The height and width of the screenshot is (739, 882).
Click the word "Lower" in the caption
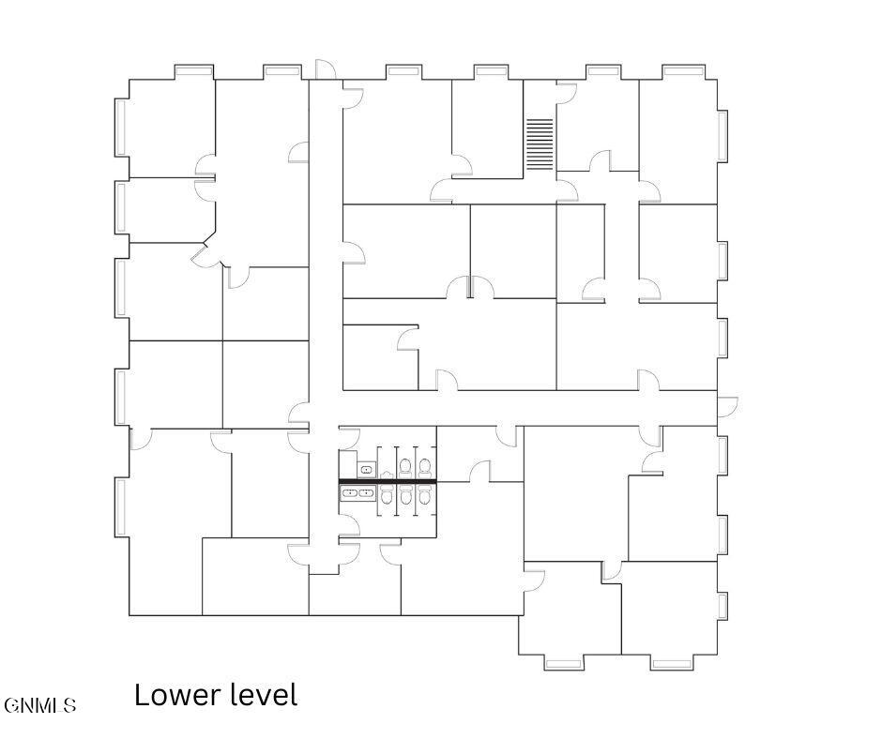pyautogui.click(x=174, y=696)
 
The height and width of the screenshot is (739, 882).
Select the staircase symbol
pyautogui.click(x=540, y=144)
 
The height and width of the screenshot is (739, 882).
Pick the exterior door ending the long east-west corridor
pyautogui.click(x=727, y=406)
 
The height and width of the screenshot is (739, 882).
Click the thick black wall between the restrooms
pyautogui.click(x=388, y=481)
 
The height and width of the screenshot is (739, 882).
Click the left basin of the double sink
pyautogui.click(x=350, y=492)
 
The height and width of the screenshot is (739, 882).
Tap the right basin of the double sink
pyautogui.click(x=367, y=492)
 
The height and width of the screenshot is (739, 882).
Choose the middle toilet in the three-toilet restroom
pyautogui.click(x=405, y=494)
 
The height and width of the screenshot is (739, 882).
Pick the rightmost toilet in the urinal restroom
pyautogui.click(x=425, y=466)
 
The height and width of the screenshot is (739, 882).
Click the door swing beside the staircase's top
pyautogui.click(x=566, y=93)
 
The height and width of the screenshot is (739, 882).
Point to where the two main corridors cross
pyautogui.click(x=324, y=409)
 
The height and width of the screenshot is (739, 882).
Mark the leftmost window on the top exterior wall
pyautogui.click(x=194, y=70)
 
